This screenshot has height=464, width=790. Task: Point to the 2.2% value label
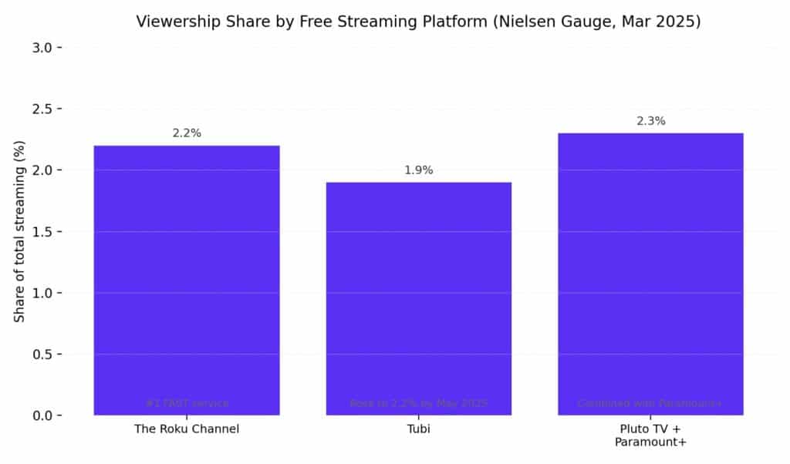187,133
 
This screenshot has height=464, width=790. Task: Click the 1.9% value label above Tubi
419,170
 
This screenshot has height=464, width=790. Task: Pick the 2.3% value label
650,121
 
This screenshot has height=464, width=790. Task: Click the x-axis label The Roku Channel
187,429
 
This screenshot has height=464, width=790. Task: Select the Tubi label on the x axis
419,429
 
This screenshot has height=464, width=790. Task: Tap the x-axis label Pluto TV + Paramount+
650,435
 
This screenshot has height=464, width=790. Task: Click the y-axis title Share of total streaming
20,231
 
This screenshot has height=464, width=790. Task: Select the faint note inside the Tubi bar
419,403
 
